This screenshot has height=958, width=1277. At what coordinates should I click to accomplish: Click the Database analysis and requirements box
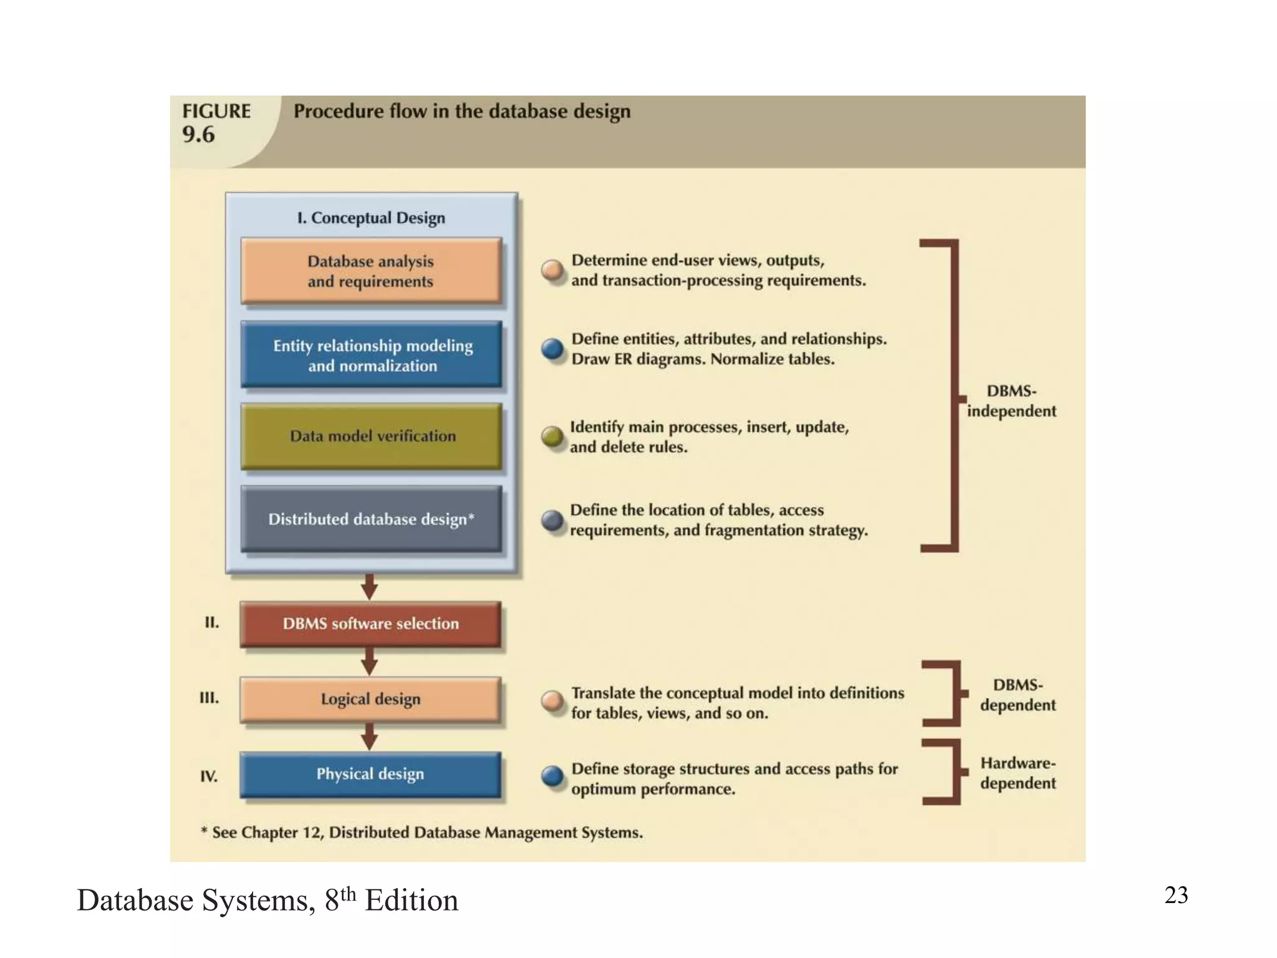371,271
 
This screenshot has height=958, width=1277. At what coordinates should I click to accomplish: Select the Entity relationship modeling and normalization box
371,354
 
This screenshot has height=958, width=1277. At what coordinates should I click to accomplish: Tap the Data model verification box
371,436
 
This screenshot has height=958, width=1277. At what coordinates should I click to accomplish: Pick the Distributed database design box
371,519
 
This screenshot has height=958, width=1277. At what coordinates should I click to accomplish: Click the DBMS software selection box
370,623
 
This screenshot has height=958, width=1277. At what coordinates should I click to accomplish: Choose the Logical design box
370,699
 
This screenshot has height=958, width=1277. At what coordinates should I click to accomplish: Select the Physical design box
370,774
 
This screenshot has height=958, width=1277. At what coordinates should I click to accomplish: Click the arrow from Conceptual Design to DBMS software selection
370,587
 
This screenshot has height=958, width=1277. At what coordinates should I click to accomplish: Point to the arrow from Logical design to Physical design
370,737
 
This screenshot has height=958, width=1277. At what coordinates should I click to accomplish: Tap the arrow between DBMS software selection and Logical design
370,662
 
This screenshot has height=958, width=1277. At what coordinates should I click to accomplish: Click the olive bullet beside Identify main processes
552,437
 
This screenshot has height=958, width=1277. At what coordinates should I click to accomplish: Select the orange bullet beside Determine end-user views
552,270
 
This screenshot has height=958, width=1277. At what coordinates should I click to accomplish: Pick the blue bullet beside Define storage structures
552,777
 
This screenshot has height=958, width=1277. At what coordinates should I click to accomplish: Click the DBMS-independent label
1011,401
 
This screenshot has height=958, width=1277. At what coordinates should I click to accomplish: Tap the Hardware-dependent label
1018,773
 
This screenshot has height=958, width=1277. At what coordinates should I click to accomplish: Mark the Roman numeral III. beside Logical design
210,698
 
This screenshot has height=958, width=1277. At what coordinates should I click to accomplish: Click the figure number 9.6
198,134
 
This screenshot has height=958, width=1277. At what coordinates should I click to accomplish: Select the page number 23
1176,895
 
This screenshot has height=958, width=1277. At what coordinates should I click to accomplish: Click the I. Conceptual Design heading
371,218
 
